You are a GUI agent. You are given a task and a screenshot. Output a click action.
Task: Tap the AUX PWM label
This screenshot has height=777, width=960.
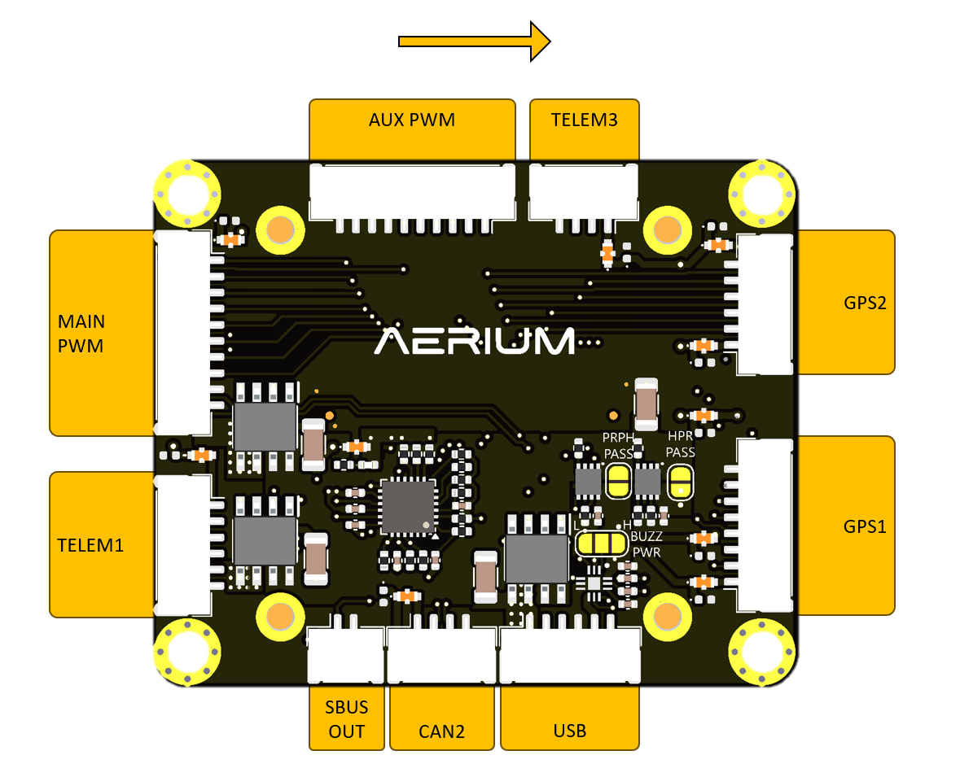tap(412, 121)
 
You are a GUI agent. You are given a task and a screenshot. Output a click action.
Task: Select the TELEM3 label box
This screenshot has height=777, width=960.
tap(584, 121)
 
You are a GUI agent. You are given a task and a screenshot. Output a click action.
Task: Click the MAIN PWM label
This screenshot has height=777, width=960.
tap(81, 333)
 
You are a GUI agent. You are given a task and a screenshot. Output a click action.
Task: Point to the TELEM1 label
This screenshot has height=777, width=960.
tap(90, 544)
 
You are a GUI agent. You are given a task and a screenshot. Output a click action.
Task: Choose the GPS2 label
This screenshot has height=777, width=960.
tap(864, 303)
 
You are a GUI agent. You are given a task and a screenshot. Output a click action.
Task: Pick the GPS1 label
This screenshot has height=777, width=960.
tap(864, 526)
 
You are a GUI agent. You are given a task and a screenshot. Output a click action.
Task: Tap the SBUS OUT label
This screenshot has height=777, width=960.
tap(347, 718)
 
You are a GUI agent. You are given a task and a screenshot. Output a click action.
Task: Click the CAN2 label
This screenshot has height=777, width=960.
tap(441, 731)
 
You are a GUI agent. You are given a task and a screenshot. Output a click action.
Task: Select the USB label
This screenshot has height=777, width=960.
tap(569, 730)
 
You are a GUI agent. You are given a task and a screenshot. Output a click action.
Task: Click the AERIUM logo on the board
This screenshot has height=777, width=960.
tap(476, 341)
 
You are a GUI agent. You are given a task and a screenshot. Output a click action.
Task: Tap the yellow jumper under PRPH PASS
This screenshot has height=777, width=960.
tap(618, 482)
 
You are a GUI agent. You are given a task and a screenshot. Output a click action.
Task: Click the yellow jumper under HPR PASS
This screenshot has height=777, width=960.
tap(680, 482)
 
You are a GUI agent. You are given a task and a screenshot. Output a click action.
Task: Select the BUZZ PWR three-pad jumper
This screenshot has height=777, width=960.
tap(599, 543)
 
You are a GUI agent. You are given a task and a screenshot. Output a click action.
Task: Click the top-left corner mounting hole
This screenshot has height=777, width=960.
tap(187, 194)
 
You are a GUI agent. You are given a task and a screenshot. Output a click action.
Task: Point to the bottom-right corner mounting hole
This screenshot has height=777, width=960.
tap(761, 651)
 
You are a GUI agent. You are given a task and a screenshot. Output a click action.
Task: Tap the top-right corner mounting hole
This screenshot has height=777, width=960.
tap(761, 194)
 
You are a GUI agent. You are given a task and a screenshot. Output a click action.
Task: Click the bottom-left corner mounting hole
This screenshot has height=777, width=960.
tap(187, 651)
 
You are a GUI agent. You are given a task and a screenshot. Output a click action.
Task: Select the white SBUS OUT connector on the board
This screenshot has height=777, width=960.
tap(345, 656)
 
